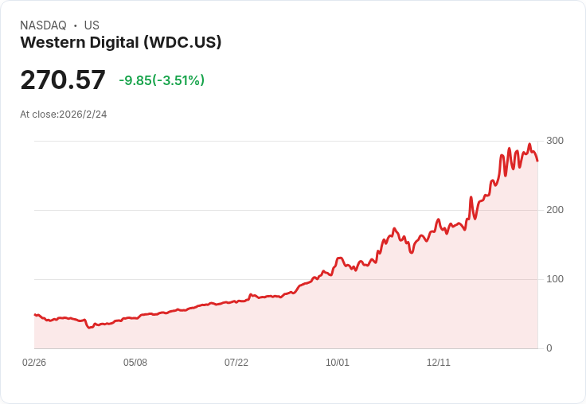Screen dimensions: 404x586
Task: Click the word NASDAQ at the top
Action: tap(43, 25)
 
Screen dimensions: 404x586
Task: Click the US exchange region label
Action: tap(92, 25)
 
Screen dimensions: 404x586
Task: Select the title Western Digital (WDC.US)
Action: tap(120, 43)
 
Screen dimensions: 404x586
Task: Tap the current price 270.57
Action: tap(63, 80)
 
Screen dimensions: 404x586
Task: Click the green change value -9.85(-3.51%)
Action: tap(162, 80)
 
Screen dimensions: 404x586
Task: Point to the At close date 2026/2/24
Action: tap(64, 115)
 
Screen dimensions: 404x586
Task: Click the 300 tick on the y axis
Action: tap(555, 141)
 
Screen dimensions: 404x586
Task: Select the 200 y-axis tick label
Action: tap(555, 210)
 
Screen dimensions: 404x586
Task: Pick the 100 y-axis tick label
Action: tap(555, 279)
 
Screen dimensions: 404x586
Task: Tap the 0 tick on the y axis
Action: tap(549, 348)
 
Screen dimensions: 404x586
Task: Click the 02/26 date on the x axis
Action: tap(34, 363)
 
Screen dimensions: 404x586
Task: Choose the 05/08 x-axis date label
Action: tap(135, 363)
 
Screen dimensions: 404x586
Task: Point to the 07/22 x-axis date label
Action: tap(236, 363)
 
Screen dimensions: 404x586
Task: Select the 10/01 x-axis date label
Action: tap(338, 363)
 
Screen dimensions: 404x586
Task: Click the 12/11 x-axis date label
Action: tap(439, 363)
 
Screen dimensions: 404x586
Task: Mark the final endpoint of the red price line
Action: tap(537, 161)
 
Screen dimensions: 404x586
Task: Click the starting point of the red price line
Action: tap(34, 315)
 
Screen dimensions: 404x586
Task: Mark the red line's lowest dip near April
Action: tap(90, 327)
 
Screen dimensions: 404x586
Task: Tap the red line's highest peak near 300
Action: tap(529, 145)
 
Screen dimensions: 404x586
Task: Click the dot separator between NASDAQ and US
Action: tap(76, 25)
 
